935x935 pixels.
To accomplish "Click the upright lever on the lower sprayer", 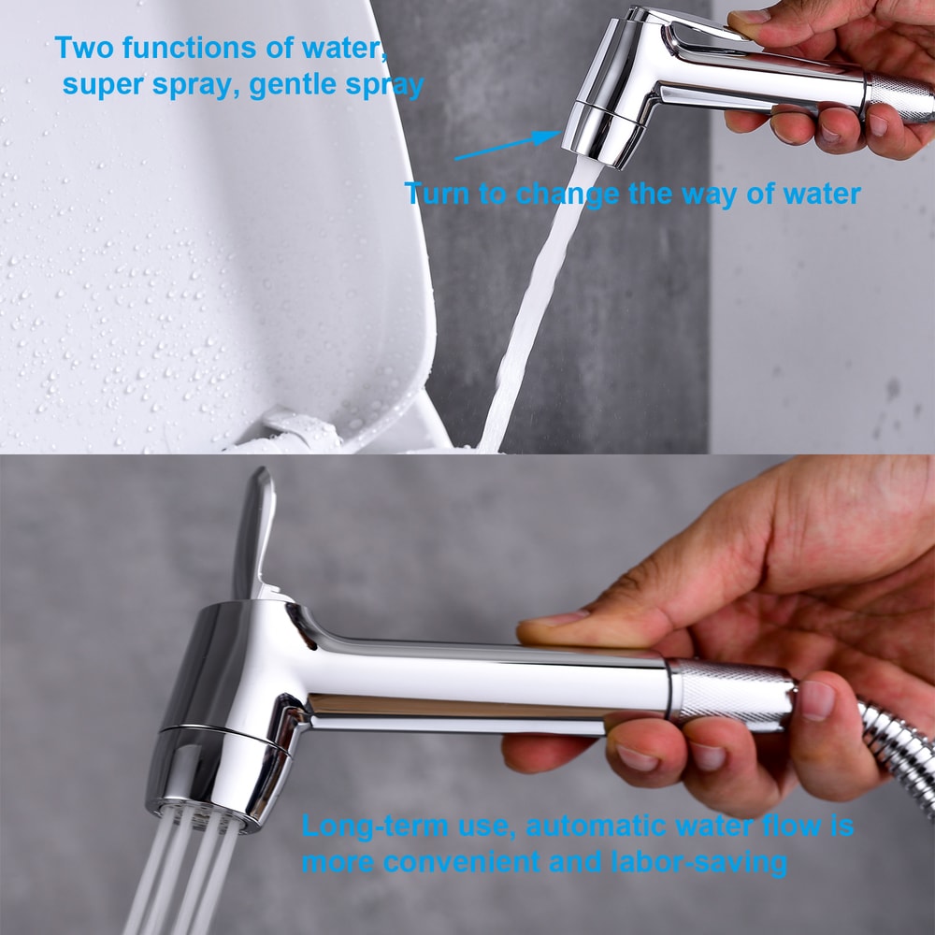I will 254,533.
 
